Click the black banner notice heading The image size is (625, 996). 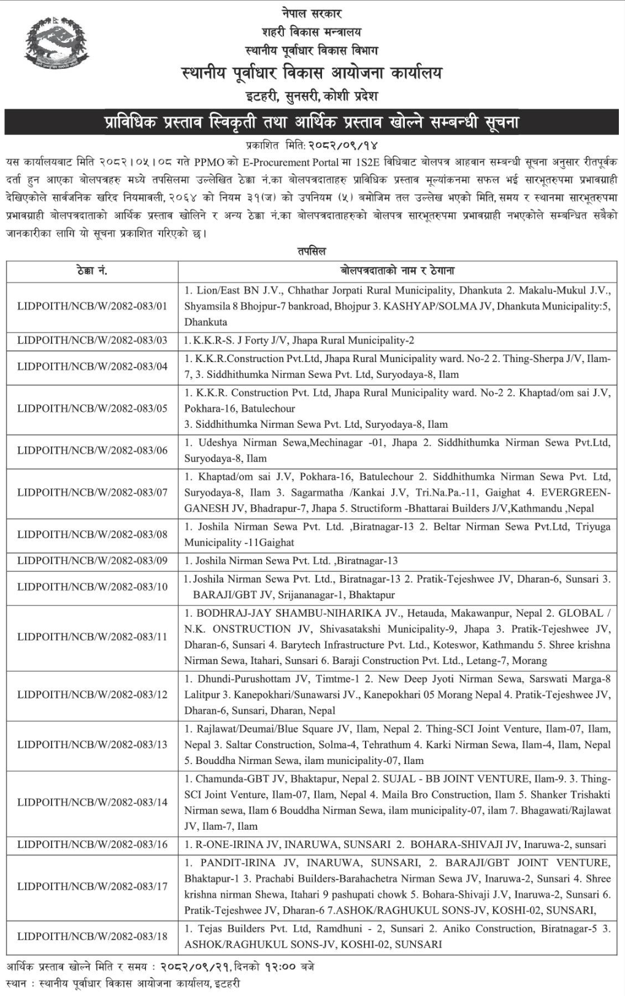pyautogui.click(x=312, y=122)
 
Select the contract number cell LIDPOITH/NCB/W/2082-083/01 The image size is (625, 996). pyautogui.click(x=92, y=306)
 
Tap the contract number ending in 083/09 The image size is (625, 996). pyautogui.click(x=92, y=560)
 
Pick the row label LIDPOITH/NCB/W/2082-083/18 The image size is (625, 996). pyautogui.click(x=92, y=936)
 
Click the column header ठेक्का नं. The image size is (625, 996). pyautogui.click(x=92, y=271)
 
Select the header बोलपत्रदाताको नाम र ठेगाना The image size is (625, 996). pyautogui.click(x=397, y=271)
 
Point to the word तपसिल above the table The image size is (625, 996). pyautogui.click(x=312, y=252)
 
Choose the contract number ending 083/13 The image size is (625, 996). pyautogui.click(x=92, y=744)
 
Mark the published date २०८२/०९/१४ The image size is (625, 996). pyautogui.click(x=343, y=145)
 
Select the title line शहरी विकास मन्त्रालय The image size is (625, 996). pyautogui.click(x=312, y=31)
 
